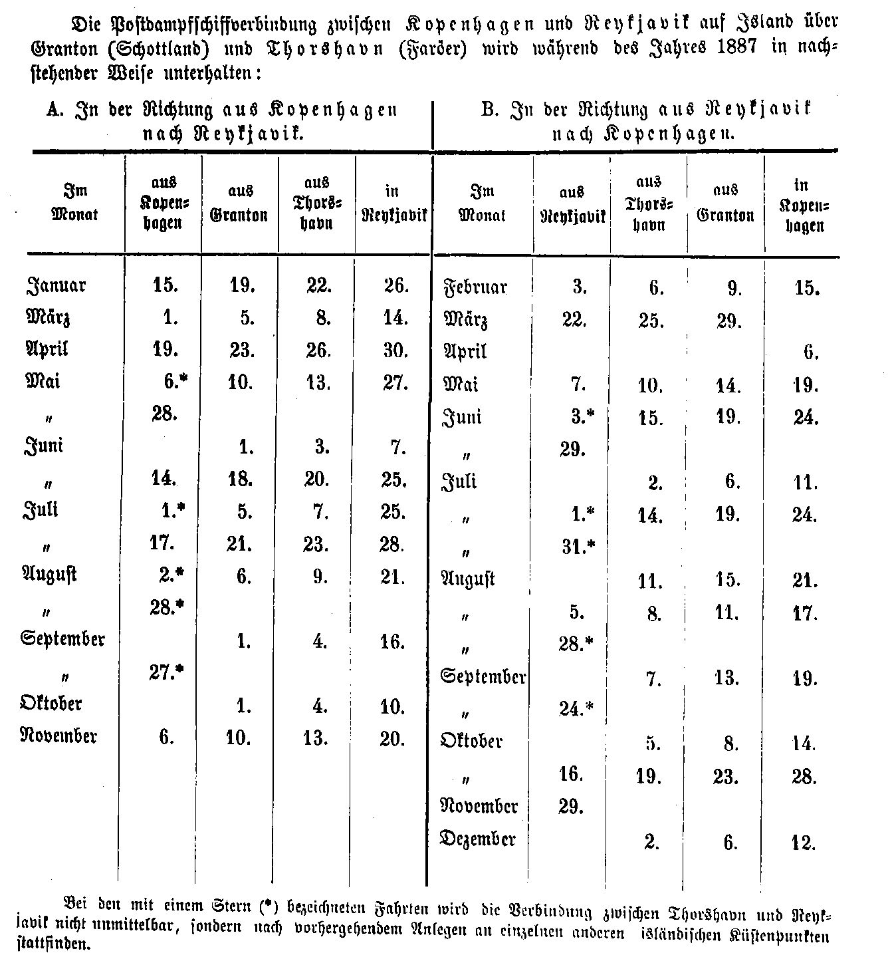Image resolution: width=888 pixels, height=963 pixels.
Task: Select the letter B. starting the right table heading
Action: pyautogui.click(x=490, y=110)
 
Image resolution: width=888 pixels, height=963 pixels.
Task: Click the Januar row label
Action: pyautogui.click(x=56, y=286)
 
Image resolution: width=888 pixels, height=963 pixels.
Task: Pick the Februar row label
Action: pyautogui.click(x=475, y=287)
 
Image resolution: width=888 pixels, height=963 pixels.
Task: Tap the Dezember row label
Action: pyautogui.click(x=478, y=839)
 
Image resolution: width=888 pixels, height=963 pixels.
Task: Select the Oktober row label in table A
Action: pyautogui.click(x=51, y=703)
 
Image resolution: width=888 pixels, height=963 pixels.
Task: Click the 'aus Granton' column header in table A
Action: pyautogui.click(x=239, y=204)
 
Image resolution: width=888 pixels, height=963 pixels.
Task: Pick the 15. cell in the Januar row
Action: pyautogui.click(x=165, y=286)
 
